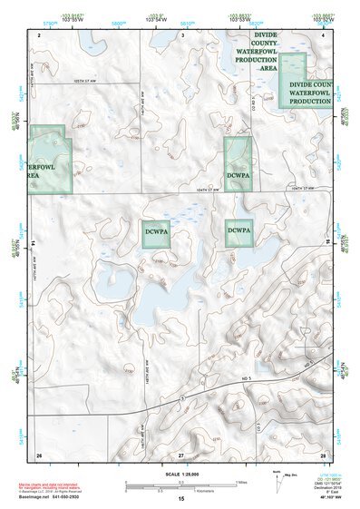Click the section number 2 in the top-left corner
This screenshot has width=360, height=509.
pos(40,34)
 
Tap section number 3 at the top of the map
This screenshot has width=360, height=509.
pos(181,34)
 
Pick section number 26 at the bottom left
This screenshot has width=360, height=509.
pos(40,454)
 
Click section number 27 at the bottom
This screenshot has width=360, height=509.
pos(181,454)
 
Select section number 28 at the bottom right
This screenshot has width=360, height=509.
pos(322,454)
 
